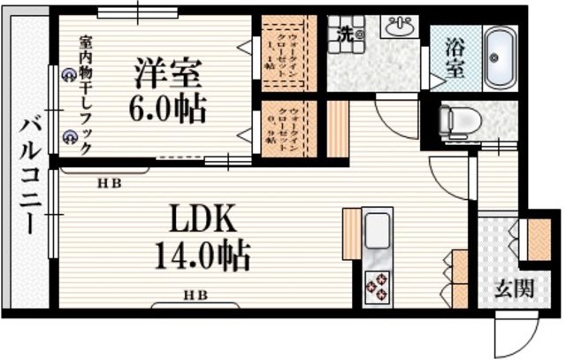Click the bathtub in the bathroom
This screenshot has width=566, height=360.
[x=500, y=59]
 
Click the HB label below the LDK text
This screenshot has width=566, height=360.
[x=195, y=295]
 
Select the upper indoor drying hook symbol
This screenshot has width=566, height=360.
[x=69, y=76]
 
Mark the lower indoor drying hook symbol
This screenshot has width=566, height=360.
[x=69, y=136]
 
